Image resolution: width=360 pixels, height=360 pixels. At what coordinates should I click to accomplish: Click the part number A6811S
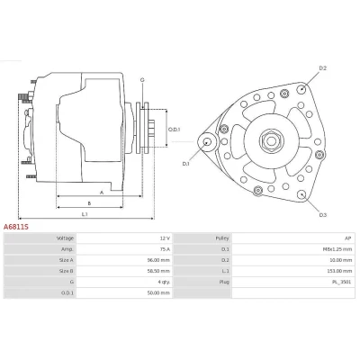pos(16,227)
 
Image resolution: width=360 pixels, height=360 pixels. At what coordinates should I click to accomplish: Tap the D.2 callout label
pos(322,68)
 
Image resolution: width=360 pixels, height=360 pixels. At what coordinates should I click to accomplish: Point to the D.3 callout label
pos(323,215)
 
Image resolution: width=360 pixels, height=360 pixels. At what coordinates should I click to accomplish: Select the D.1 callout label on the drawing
pos(186,164)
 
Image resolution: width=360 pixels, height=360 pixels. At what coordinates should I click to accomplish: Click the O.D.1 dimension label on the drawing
pos(174,130)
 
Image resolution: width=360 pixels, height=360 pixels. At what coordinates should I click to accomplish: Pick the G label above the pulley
pos(142,80)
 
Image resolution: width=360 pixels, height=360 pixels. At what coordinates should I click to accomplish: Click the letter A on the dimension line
pos(102,193)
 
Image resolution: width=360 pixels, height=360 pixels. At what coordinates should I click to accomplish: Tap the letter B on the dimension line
pos(89,203)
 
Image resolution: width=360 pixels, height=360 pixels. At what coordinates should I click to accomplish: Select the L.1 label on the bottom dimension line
pos(85,214)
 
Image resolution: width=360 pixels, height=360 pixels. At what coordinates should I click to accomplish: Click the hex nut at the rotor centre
pos(271,140)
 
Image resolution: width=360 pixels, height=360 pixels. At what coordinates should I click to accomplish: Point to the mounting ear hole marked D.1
pos(207,142)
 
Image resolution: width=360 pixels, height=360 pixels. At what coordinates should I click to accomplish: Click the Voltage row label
pos(65,238)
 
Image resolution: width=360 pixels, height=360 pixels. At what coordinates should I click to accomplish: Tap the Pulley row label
pos(222,238)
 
